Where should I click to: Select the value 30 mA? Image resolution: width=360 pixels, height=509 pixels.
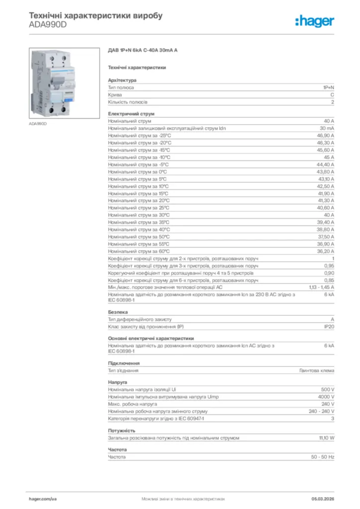(327, 128)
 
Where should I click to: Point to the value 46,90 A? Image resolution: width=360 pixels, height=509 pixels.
(325, 135)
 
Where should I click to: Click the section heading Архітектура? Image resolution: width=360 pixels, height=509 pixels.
(122, 80)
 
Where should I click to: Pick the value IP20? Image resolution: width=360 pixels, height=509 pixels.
(329, 326)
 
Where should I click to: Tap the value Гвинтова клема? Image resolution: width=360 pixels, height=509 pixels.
(317, 370)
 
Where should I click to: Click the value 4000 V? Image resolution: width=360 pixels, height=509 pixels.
(326, 397)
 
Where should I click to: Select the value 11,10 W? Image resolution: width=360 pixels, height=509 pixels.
(326, 438)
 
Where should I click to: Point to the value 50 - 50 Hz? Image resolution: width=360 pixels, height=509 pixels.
(322, 457)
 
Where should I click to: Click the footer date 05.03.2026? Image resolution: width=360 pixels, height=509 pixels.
(322, 498)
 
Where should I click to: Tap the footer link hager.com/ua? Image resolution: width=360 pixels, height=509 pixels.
(43, 498)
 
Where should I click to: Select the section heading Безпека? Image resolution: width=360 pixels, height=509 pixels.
(118, 312)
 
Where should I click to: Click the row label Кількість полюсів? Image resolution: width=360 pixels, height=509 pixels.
(128, 102)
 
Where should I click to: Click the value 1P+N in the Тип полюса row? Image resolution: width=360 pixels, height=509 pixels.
(328, 87)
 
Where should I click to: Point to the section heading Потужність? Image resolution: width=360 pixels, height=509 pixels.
(122, 430)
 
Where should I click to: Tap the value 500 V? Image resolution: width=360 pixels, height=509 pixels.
(328, 389)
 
